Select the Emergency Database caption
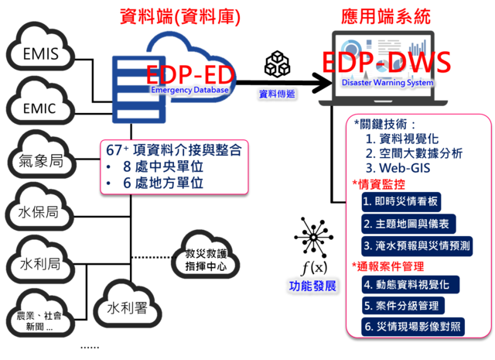coord(190,91)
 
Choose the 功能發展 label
coord(312,285)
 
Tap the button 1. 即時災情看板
coord(401,202)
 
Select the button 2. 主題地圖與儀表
coord(406,224)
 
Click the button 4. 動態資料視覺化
coord(411,285)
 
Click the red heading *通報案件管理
coord(387,266)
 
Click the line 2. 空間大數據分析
coord(415,153)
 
